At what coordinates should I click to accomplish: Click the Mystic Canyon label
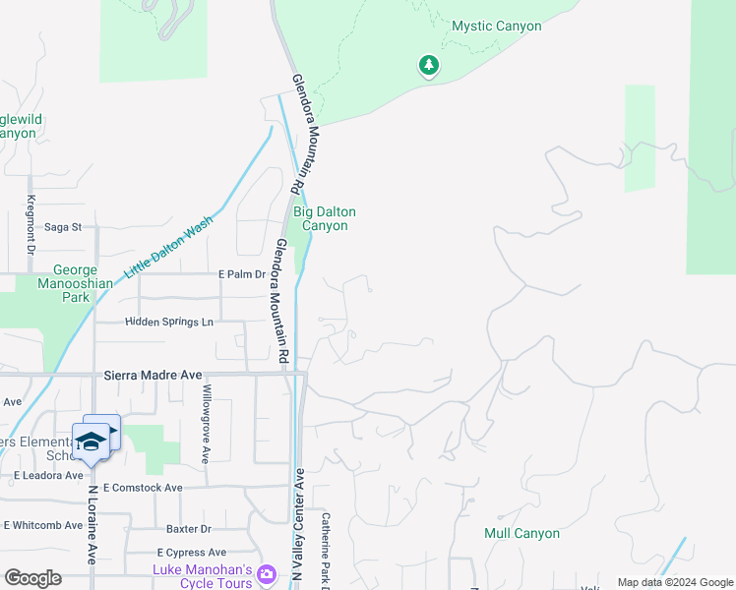(x=496, y=27)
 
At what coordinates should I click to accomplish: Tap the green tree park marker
(x=428, y=66)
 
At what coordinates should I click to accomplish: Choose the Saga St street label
(x=62, y=227)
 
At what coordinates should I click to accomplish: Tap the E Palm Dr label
(x=241, y=274)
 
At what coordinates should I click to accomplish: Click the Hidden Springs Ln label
(x=168, y=322)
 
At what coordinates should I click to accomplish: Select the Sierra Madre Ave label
(x=153, y=375)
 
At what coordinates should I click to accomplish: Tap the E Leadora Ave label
(x=48, y=475)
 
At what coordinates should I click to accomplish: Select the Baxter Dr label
(x=190, y=529)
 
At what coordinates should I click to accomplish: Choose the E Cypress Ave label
(x=191, y=553)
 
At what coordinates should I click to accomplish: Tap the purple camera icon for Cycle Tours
(x=266, y=573)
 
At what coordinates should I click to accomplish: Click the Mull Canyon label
(x=521, y=534)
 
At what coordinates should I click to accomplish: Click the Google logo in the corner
(x=33, y=578)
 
